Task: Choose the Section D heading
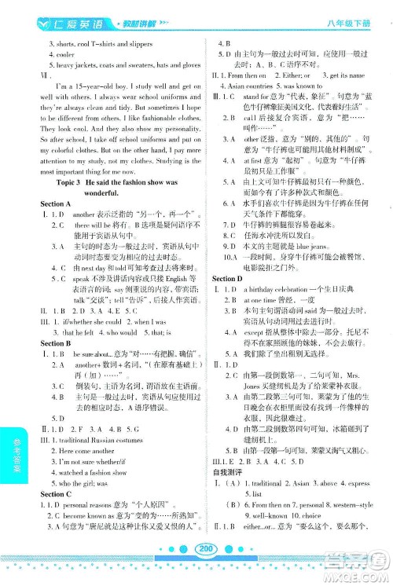(x=227, y=279)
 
